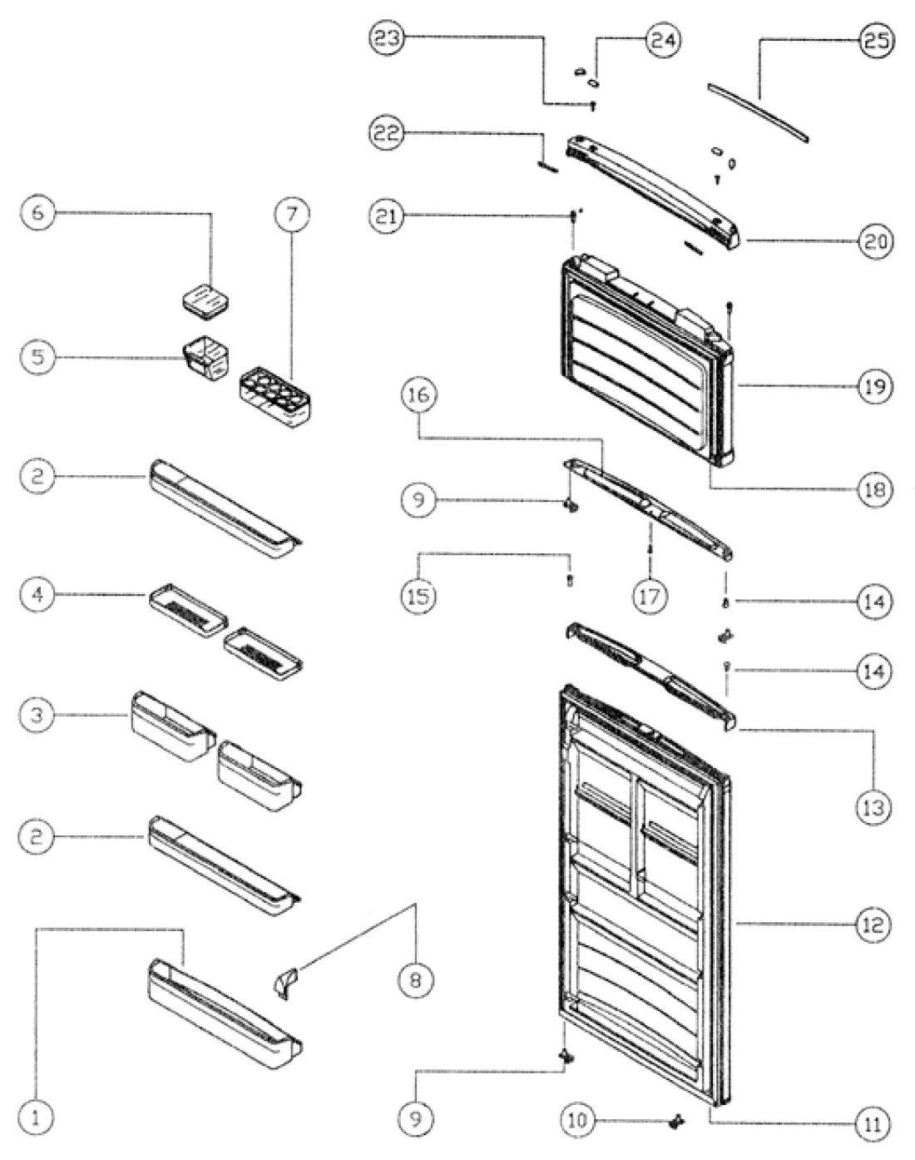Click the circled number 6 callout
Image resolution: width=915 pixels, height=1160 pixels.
(x=38, y=213)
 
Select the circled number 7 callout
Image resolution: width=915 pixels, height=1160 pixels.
(x=291, y=214)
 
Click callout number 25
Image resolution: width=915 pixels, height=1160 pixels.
(x=875, y=41)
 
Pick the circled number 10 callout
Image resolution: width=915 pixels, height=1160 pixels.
(x=577, y=1120)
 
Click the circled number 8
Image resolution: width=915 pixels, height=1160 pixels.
(x=415, y=979)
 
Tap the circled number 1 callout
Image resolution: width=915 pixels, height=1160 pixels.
(x=36, y=1118)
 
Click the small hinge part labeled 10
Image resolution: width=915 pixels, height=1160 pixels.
(x=675, y=1123)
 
